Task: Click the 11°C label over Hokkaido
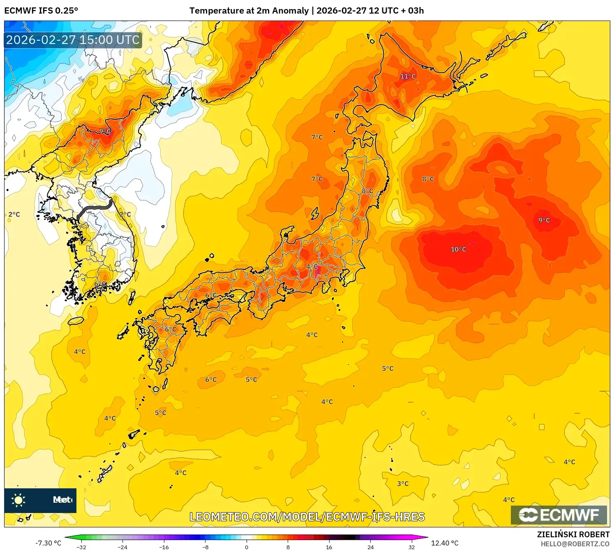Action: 408,76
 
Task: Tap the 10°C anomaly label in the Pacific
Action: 458,250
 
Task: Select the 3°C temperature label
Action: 403,483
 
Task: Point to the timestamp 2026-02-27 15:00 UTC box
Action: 73,40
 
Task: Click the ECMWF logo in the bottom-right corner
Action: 559,515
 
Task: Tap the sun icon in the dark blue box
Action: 18,500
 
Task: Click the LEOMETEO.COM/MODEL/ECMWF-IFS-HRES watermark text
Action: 307,517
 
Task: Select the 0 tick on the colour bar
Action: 247,547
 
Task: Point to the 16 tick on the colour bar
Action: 329,547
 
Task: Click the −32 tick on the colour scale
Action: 81,547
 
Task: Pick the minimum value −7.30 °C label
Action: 48,543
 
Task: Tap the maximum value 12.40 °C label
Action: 445,543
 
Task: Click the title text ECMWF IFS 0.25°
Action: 41,11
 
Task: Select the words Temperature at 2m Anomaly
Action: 249,11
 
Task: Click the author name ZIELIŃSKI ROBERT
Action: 573,534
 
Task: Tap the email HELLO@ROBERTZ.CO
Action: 575,544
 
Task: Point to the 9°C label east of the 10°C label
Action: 544,220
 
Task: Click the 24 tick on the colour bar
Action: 370,547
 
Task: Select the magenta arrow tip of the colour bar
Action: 425,537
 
